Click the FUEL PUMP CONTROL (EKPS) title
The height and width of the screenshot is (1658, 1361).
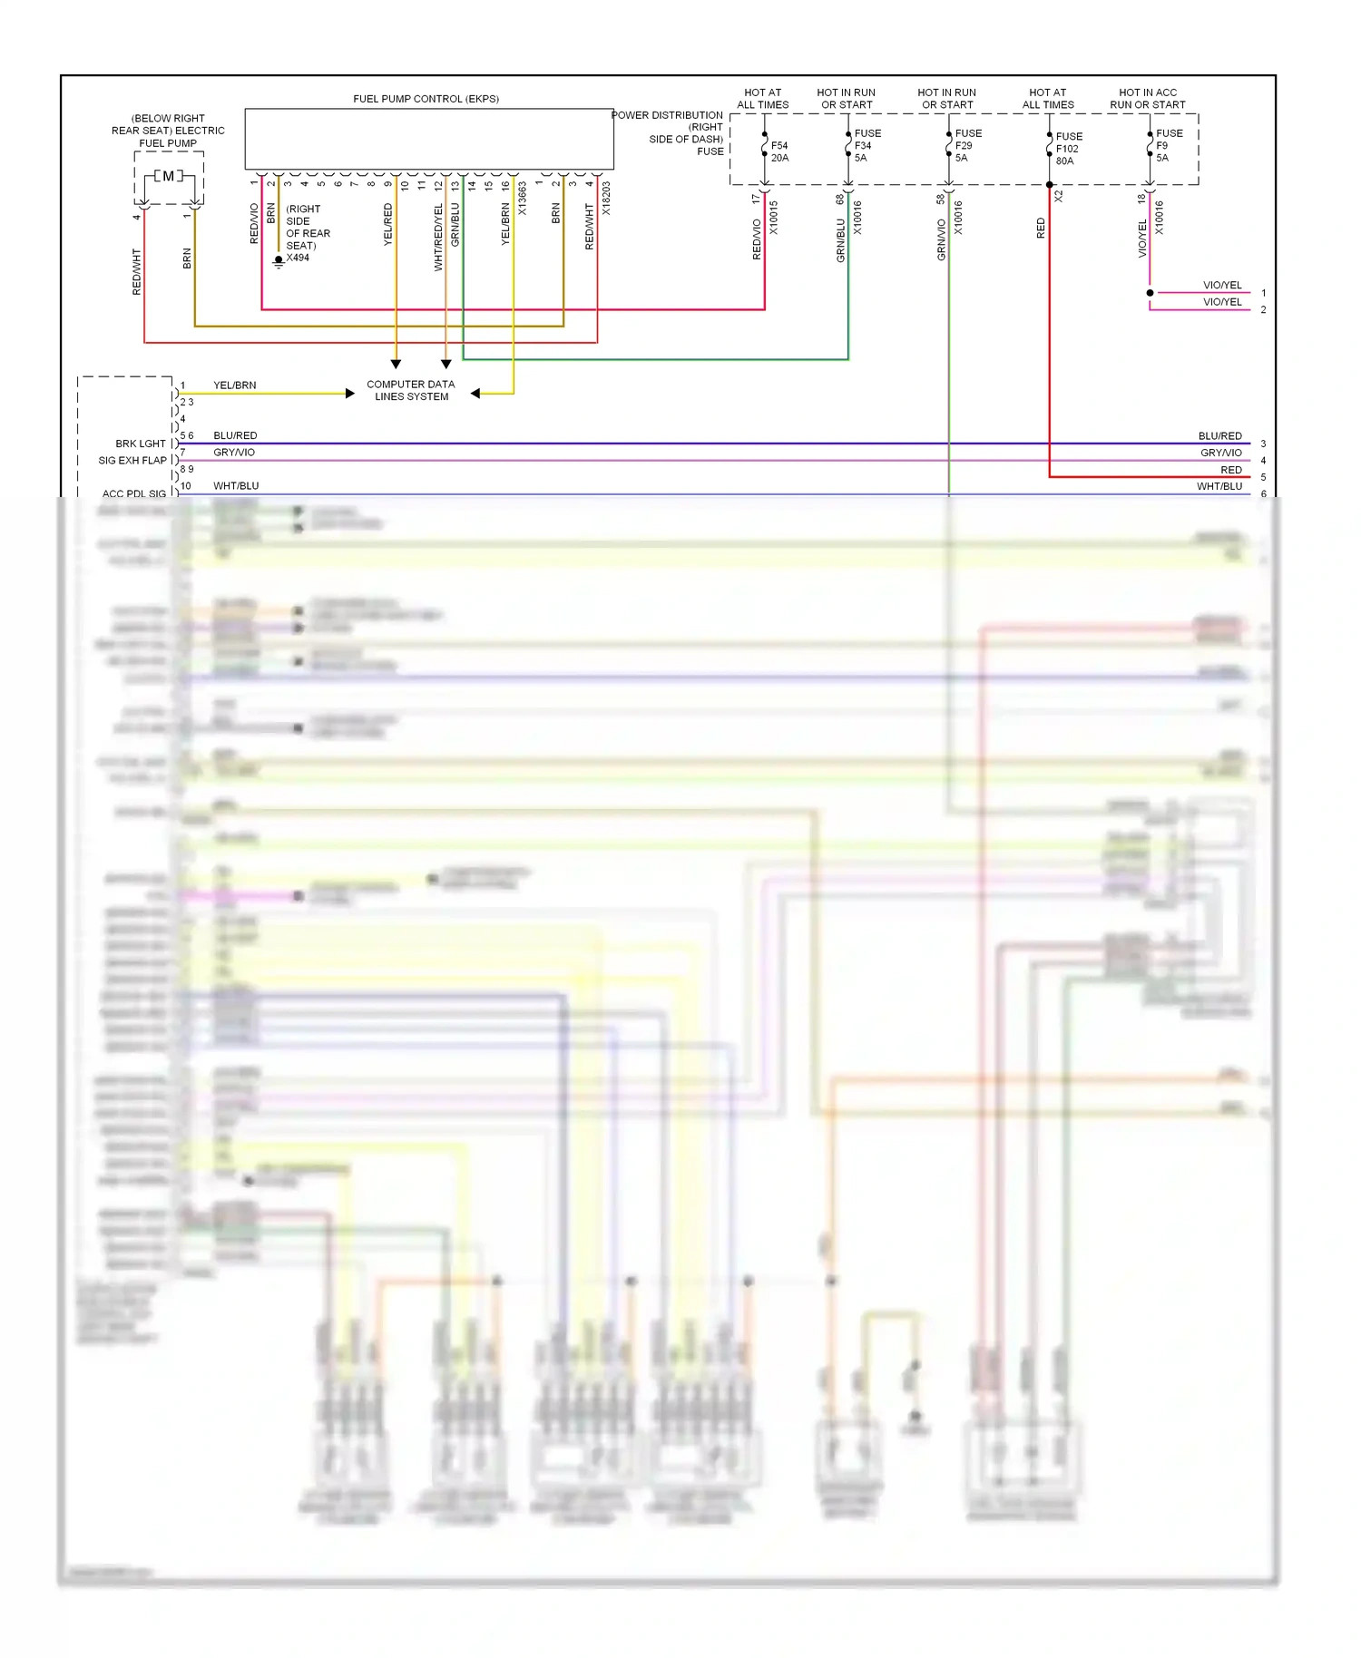click(426, 99)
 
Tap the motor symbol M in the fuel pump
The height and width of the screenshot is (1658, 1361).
click(169, 176)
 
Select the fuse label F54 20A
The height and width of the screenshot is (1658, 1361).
click(779, 151)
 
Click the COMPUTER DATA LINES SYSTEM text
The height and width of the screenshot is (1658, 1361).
click(411, 391)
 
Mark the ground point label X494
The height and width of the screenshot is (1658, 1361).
click(298, 258)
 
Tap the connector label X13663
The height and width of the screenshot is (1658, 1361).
click(523, 199)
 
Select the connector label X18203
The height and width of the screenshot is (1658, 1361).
click(606, 199)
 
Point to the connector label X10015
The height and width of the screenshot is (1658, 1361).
click(773, 218)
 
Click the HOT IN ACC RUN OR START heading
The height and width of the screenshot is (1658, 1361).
click(1148, 99)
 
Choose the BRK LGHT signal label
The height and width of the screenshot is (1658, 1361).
click(141, 444)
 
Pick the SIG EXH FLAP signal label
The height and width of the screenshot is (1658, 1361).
click(132, 461)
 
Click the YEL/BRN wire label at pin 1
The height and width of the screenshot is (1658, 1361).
click(234, 385)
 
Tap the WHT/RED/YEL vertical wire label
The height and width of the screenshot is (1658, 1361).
click(439, 238)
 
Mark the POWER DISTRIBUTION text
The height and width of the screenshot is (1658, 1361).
click(667, 115)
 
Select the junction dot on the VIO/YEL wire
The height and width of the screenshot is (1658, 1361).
click(1150, 293)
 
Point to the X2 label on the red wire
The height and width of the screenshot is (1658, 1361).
click(1059, 196)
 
